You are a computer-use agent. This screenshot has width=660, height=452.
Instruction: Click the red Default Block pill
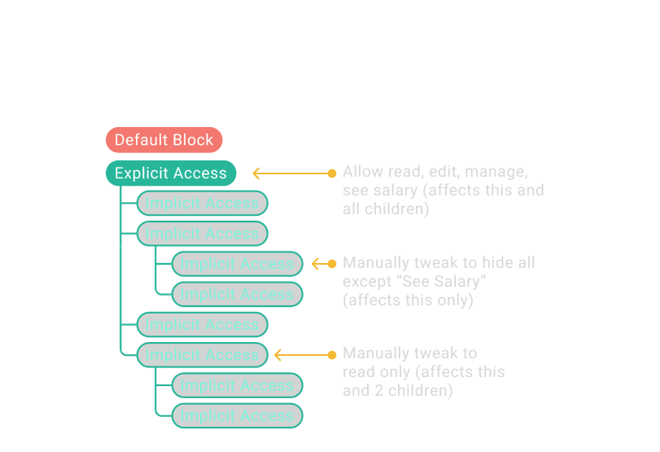coord(164,140)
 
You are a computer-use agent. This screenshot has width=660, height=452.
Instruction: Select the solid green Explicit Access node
coord(171,173)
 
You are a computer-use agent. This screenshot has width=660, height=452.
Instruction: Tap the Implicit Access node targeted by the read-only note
coord(202,355)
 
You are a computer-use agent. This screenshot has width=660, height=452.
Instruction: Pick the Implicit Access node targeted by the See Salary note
coord(237,264)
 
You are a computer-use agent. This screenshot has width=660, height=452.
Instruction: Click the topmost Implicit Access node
coord(202,204)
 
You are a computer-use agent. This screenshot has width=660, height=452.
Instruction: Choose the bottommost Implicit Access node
coord(237,415)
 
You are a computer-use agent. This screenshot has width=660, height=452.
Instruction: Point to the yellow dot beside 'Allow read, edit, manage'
coord(331,173)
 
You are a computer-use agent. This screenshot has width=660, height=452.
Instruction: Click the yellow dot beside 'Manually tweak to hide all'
coord(331,264)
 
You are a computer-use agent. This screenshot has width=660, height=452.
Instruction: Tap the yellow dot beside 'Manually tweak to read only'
coord(331,355)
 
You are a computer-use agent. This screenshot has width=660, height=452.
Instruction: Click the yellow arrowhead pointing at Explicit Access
coord(256,173)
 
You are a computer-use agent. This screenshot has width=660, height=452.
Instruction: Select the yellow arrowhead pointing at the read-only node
coord(278,355)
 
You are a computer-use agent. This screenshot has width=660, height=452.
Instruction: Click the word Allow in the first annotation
coord(360,172)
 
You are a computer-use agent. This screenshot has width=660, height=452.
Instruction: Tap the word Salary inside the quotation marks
coord(463,282)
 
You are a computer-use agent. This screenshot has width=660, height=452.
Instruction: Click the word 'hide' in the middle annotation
coord(498,263)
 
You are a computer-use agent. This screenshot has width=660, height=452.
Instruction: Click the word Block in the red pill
coord(193,140)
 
